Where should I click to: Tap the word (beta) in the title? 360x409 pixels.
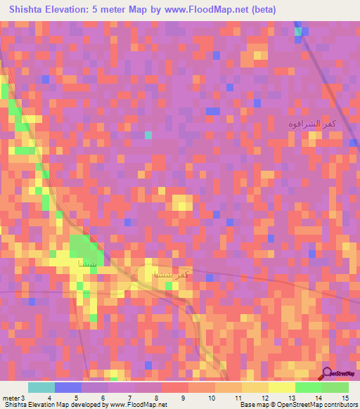point(259,10)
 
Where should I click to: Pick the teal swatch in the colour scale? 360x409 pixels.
point(41,387)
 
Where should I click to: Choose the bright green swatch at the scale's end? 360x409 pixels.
point(335,387)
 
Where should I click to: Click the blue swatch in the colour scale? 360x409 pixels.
point(68,387)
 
